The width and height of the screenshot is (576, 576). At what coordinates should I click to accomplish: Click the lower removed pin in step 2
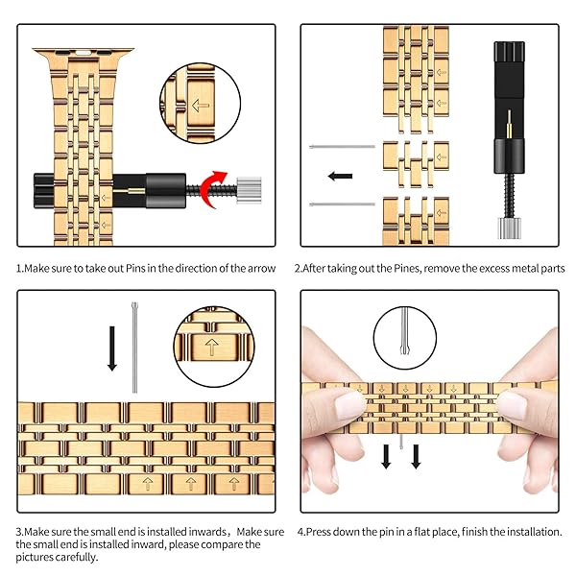pyautogui.click(x=343, y=205)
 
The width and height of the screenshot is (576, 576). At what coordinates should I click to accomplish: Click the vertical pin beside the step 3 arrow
pyautogui.click(x=133, y=347)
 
